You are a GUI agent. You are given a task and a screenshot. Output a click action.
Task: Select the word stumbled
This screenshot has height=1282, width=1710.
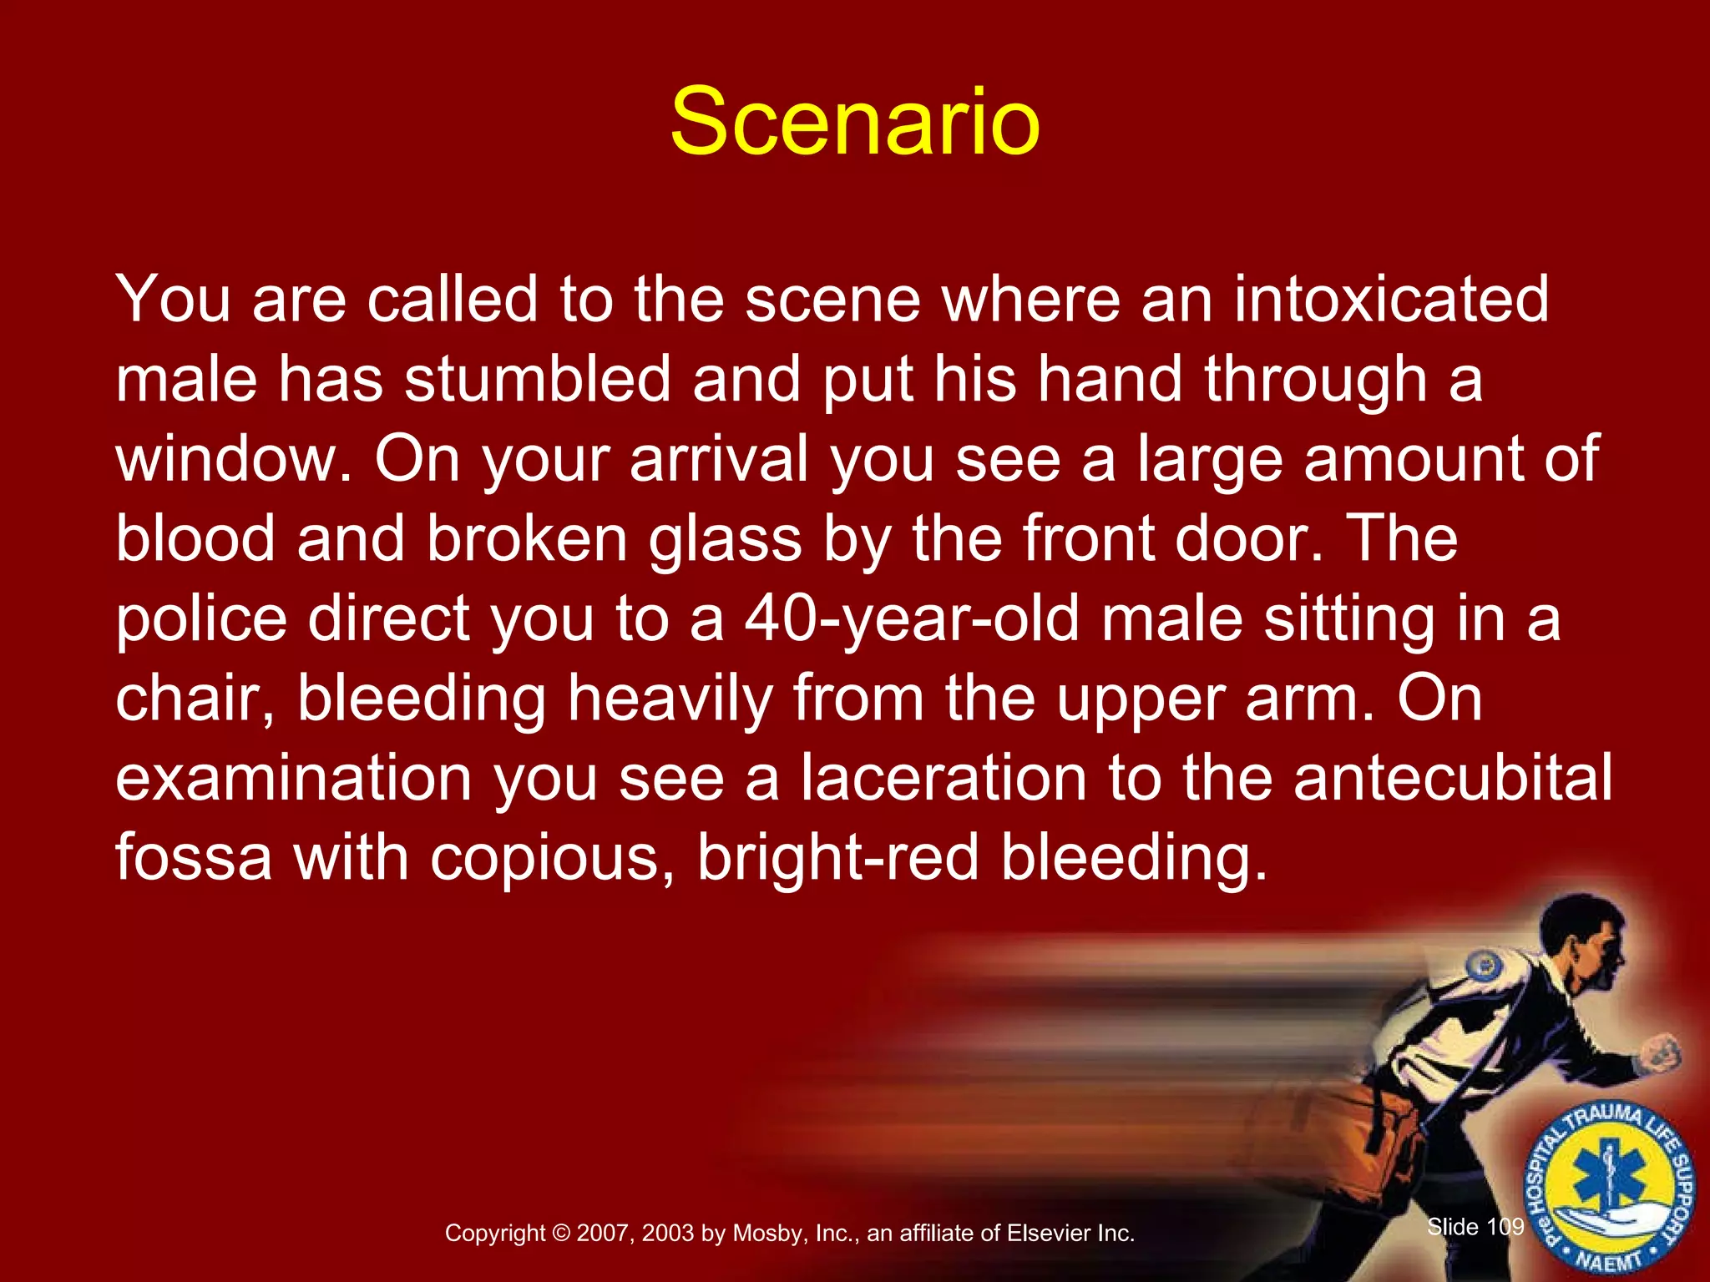(538, 379)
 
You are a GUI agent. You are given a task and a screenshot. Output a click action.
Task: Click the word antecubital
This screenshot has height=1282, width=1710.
(1453, 777)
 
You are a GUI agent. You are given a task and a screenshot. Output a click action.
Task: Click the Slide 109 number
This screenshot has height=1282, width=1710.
(1475, 1227)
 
